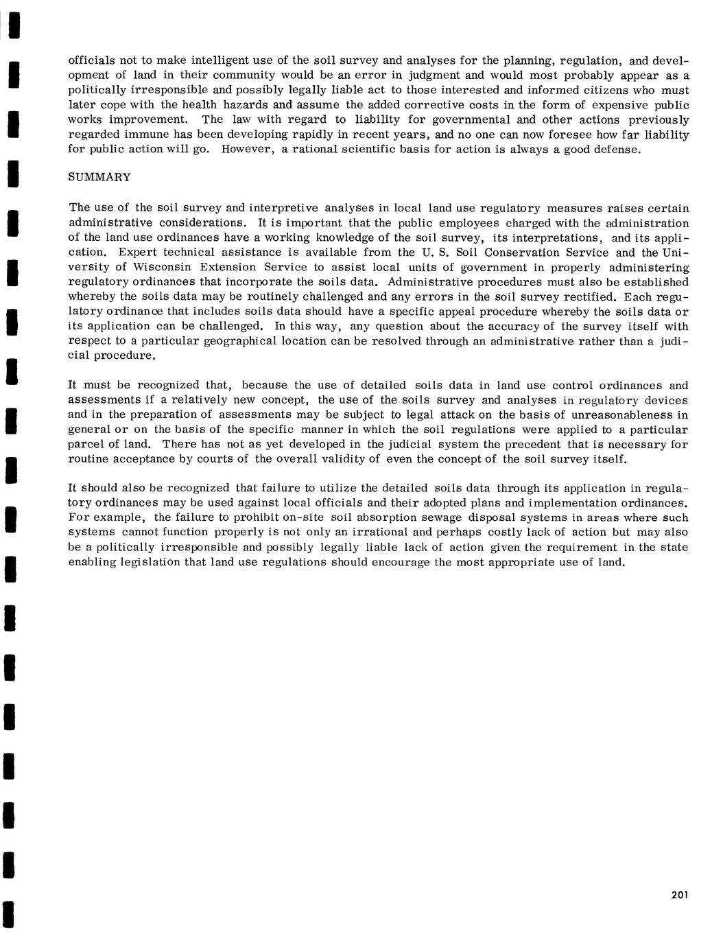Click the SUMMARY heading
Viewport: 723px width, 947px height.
click(99, 178)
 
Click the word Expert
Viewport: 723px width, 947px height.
click(138, 253)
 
